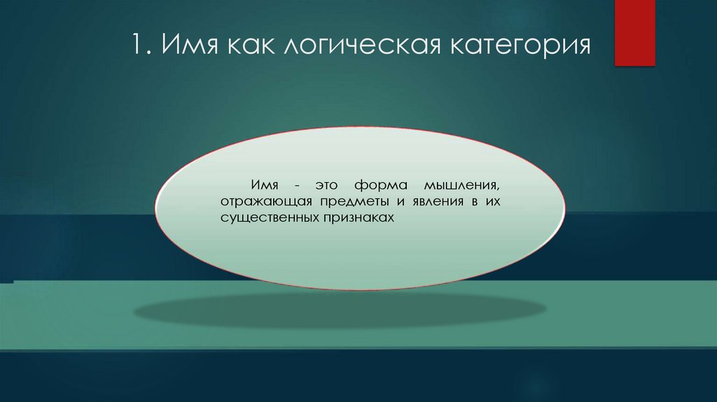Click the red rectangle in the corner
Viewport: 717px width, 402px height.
pyautogui.click(x=634, y=33)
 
